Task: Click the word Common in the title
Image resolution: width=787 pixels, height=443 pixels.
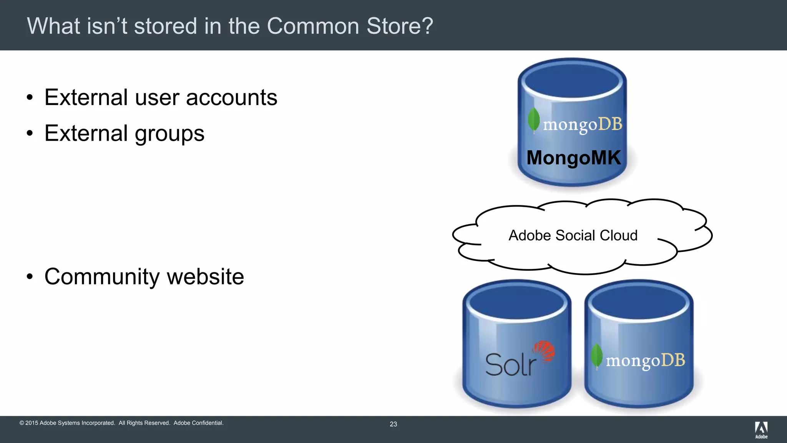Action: (313, 26)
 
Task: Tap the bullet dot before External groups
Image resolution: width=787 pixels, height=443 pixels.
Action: (30, 133)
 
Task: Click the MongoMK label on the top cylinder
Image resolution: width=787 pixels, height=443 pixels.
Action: (573, 158)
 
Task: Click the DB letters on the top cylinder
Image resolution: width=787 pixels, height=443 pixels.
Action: (610, 124)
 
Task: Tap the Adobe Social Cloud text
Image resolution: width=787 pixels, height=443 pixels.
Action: (573, 235)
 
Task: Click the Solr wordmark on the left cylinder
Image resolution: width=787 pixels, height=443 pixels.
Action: (510, 365)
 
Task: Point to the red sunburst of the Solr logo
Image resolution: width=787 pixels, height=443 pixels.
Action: (544, 351)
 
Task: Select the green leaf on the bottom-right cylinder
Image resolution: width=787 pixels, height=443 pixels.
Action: (596, 356)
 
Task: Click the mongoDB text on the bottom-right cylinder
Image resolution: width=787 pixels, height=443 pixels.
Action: (646, 361)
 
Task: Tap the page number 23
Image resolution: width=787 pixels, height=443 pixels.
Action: (393, 424)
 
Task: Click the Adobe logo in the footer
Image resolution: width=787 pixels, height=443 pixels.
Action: (761, 429)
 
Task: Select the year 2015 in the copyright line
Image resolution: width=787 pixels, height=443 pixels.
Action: (32, 423)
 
